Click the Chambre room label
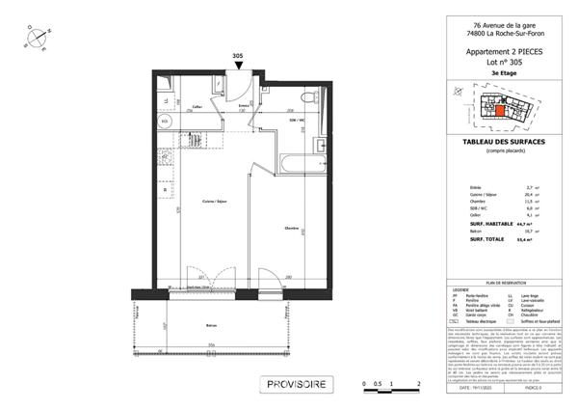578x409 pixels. click(x=290, y=229)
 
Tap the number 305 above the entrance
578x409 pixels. click(x=237, y=56)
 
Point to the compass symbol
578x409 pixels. click(x=37, y=36)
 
